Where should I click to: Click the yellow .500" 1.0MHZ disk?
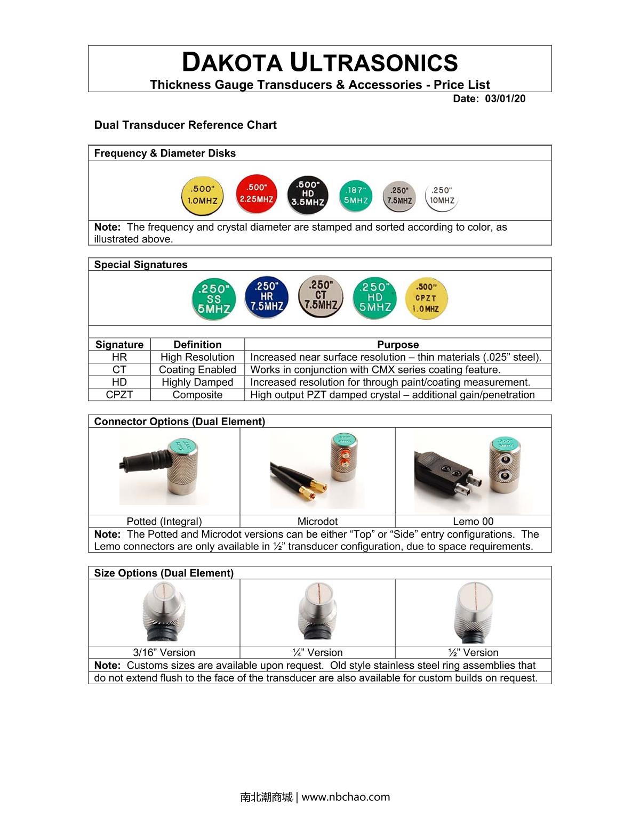[x=203, y=195]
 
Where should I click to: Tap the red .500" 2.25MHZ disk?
[x=257, y=193]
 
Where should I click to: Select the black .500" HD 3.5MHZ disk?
[x=308, y=193]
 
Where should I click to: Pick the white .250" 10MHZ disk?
[x=442, y=196]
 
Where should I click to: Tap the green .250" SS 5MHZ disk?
[x=213, y=298]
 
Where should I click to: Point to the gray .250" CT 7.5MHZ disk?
[x=320, y=296]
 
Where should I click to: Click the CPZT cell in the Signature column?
[x=119, y=395]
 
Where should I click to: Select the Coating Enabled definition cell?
[x=197, y=370]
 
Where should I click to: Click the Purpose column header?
[x=398, y=344]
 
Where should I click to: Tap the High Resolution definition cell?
[x=197, y=357]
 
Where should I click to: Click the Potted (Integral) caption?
[x=164, y=522]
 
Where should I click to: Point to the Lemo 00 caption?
[x=473, y=522]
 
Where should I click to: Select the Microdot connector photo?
[x=318, y=471]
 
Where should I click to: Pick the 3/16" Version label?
[x=164, y=653]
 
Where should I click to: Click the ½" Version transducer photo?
[x=474, y=612]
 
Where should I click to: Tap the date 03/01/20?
[x=505, y=99]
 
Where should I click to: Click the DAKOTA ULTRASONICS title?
[x=320, y=62]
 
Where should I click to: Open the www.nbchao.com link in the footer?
[x=346, y=797]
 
